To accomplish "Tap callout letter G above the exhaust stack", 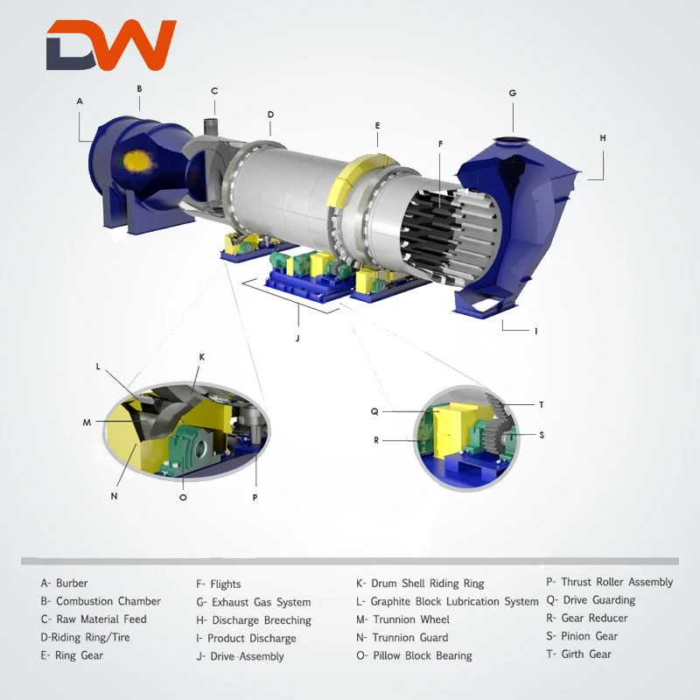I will coord(513,93).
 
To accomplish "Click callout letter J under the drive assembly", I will coord(297,337).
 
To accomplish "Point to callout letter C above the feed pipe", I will coord(214,91).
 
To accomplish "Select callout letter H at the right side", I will coord(602,138).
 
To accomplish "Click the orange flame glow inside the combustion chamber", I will coord(136,160).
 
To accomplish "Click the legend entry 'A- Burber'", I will coord(64,583).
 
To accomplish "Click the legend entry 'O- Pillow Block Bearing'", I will coord(414,655).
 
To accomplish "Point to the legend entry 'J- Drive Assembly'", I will coord(240,656).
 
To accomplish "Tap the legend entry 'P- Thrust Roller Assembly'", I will coord(609,582).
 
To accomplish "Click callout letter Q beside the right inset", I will coord(374,410).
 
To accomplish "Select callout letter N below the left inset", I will coord(114,495).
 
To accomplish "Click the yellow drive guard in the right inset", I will coord(451,429).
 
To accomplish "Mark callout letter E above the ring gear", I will coord(377,126).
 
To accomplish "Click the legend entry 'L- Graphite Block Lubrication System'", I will coord(447,601).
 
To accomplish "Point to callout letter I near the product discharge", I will coord(535,331).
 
